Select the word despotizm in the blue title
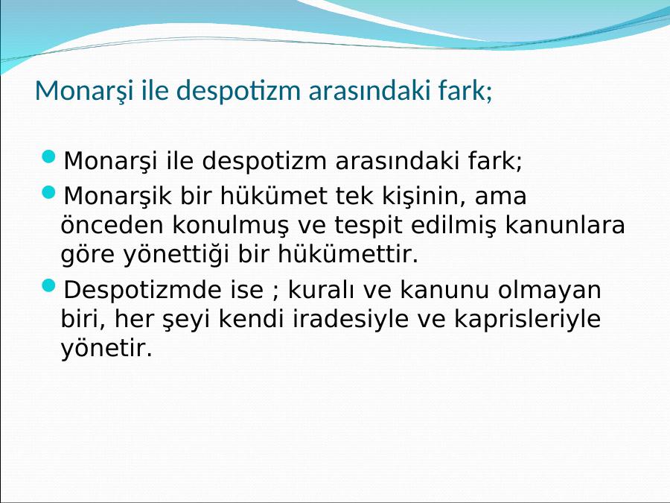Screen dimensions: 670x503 238,91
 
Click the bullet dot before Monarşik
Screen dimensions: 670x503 49,192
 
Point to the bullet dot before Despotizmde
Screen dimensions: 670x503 49,285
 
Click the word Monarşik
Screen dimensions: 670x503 117,197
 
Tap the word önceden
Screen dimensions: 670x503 112,225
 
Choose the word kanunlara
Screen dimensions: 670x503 565,225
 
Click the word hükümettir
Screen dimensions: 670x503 348,254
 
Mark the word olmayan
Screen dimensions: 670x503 549,291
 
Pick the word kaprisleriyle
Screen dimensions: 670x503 527,320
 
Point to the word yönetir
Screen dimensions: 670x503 106,348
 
